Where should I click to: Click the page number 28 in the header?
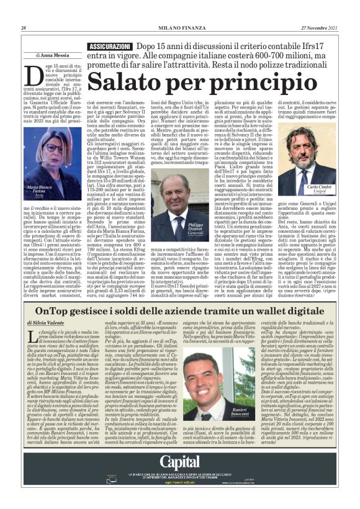tap(24, 28)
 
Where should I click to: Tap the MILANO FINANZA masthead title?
tap(179, 28)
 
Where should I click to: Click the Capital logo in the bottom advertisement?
tap(180, 461)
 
